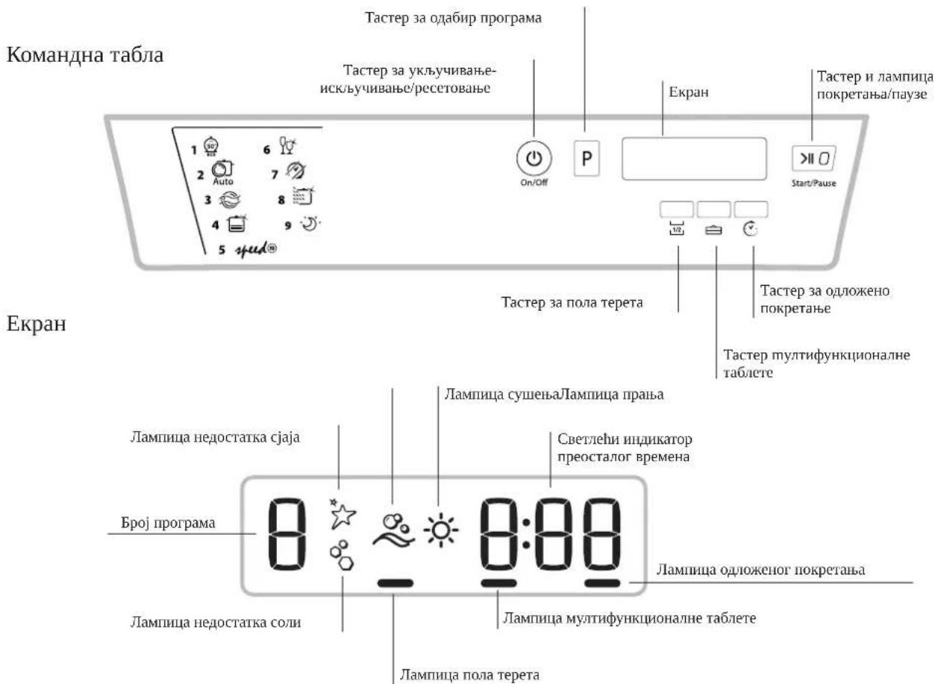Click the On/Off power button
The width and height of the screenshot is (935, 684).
[534, 159]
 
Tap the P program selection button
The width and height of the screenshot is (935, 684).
[587, 159]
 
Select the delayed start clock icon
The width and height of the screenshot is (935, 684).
[751, 229]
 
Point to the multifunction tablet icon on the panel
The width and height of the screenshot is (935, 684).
[713, 230]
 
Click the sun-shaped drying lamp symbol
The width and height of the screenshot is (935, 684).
[441, 530]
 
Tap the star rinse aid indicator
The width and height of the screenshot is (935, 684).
[342, 513]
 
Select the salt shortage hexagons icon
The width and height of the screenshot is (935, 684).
[342, 556]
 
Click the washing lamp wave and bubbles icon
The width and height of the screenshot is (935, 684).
[393, 530]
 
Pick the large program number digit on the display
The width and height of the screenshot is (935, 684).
[287, 535]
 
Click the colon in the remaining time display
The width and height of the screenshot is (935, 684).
[526, 533]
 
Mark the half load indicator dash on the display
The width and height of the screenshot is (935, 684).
[395, 583]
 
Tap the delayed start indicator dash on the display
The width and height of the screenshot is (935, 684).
[602, 583]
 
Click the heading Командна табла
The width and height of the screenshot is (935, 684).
[85, 54]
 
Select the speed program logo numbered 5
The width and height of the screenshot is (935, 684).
[256, 249]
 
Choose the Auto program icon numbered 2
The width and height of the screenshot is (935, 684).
[223, 172]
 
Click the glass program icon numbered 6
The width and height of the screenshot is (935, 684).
[287, 145]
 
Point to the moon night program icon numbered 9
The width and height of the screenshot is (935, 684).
[310, 224]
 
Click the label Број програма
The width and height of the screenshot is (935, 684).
[168, 522]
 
